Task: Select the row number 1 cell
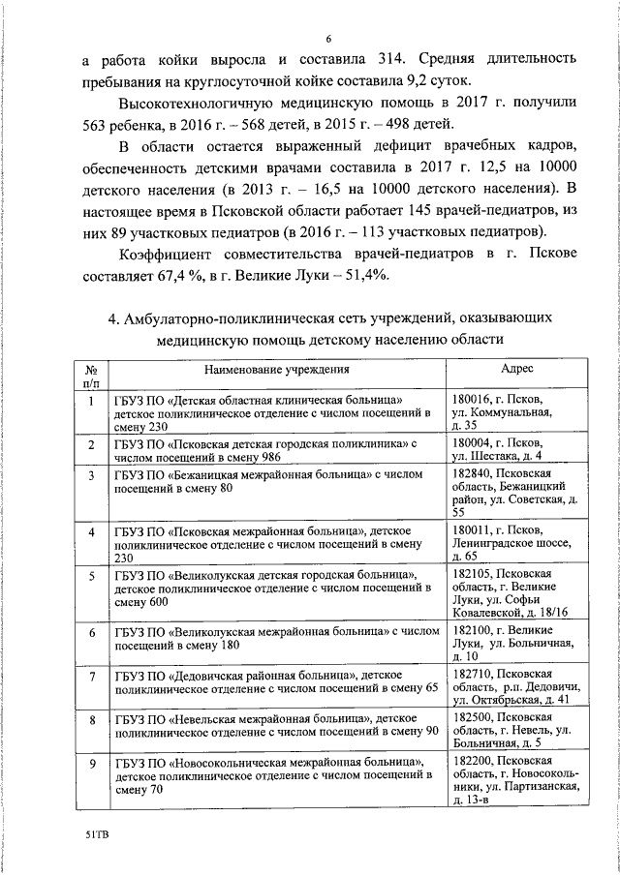pyautogui.click(x=90, y=400)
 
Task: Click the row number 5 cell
pyautogui.click(x=90, y=578)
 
